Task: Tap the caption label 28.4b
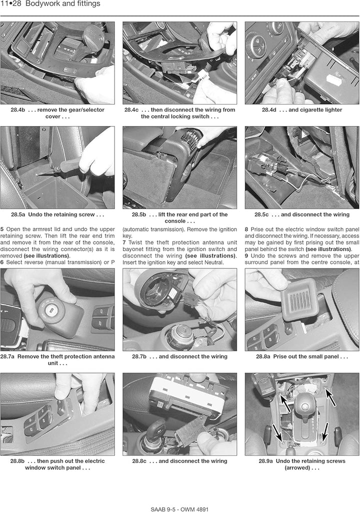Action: pos(17,110)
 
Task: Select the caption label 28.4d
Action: pos(269,110)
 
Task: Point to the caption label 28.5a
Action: pos(18,214)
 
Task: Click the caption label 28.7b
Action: pos(139,356)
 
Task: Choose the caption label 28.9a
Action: pos(266,461)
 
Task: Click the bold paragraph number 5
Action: pos(2,229)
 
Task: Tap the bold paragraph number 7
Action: pos(124,242)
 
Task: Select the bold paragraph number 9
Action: pos(246,255)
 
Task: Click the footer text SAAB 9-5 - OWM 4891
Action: pos(179,509)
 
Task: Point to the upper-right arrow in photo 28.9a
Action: pos(330,394)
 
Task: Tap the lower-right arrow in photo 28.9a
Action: pos(325,432)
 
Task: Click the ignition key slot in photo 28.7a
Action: pos(51,310)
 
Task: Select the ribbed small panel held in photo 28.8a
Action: pos(298,300)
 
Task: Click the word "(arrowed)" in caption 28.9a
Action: pos(297,467)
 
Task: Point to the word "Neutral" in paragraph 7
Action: pos(213,262)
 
